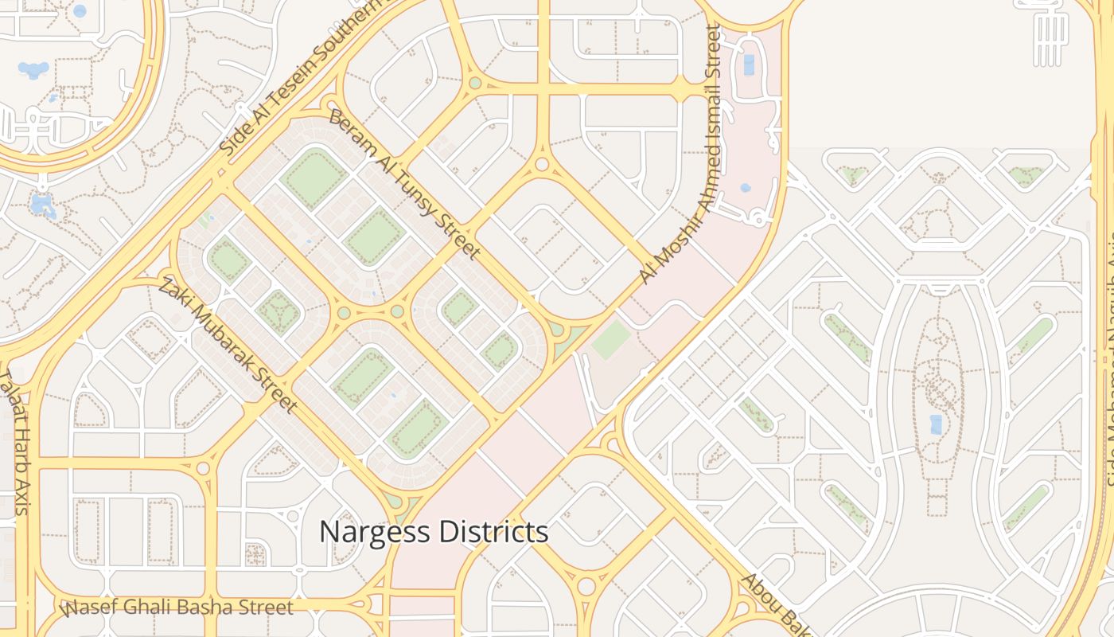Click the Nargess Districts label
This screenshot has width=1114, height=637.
(x=434, y=531)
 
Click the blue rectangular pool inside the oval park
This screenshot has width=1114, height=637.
(x=937, y=424)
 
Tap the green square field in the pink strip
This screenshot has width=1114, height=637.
(x=611, y=340)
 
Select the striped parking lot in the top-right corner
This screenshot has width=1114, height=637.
(x=1050, y=40)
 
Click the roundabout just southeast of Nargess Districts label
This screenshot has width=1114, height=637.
(x=586, y=587)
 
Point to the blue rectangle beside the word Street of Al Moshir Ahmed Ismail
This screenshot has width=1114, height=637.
(x=749, y=65)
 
